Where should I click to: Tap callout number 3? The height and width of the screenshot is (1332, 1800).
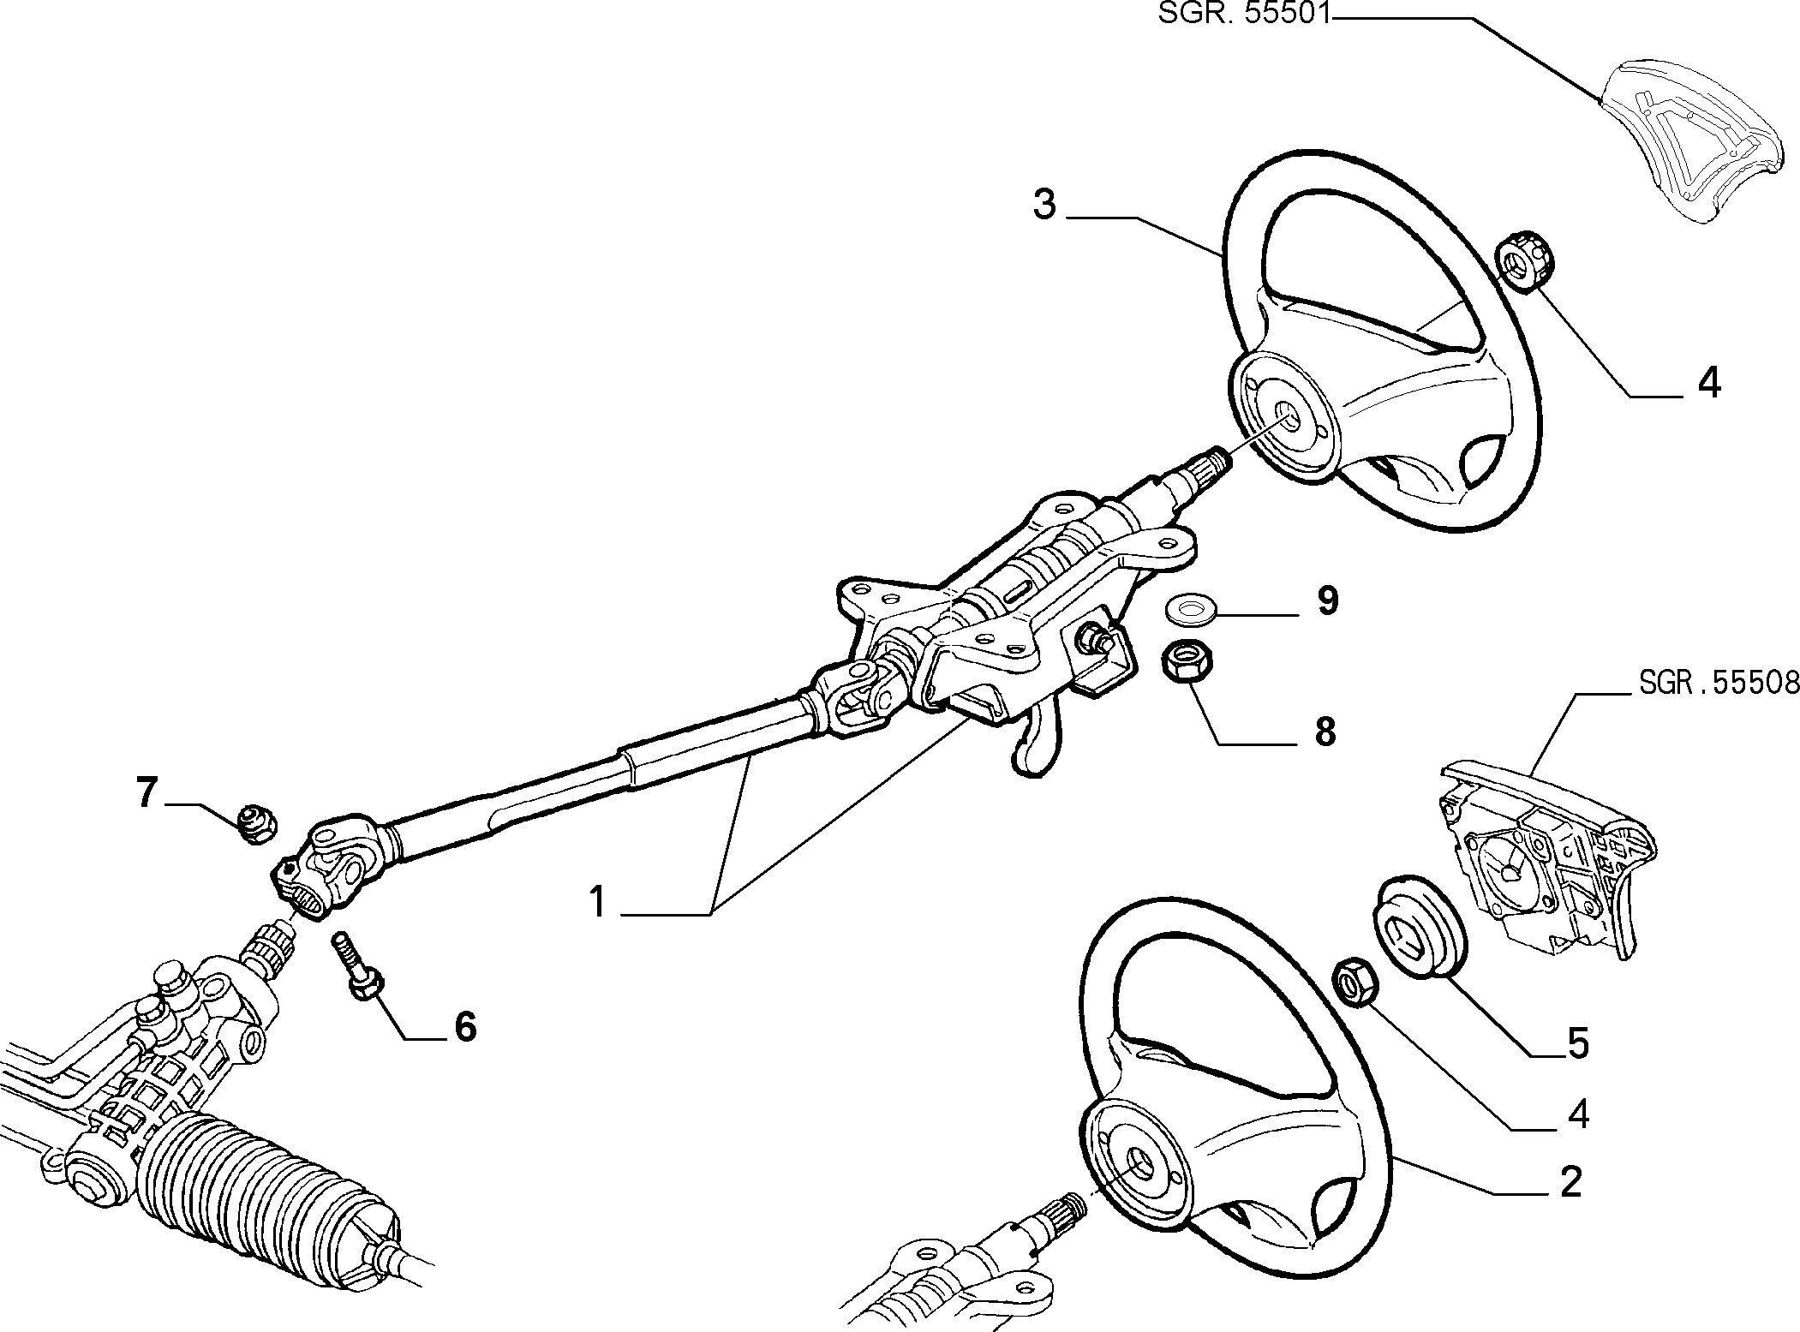(x=1044, y=206)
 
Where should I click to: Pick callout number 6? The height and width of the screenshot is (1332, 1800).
(x=464, y=1026)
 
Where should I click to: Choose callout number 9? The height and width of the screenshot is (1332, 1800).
(x=1326, y=601)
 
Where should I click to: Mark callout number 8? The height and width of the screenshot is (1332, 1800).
(x=1325, y=732)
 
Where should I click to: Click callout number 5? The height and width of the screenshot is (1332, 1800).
(x=1577, y=1043)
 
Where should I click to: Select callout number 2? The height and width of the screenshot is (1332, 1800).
(x=1570, y=1183)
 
